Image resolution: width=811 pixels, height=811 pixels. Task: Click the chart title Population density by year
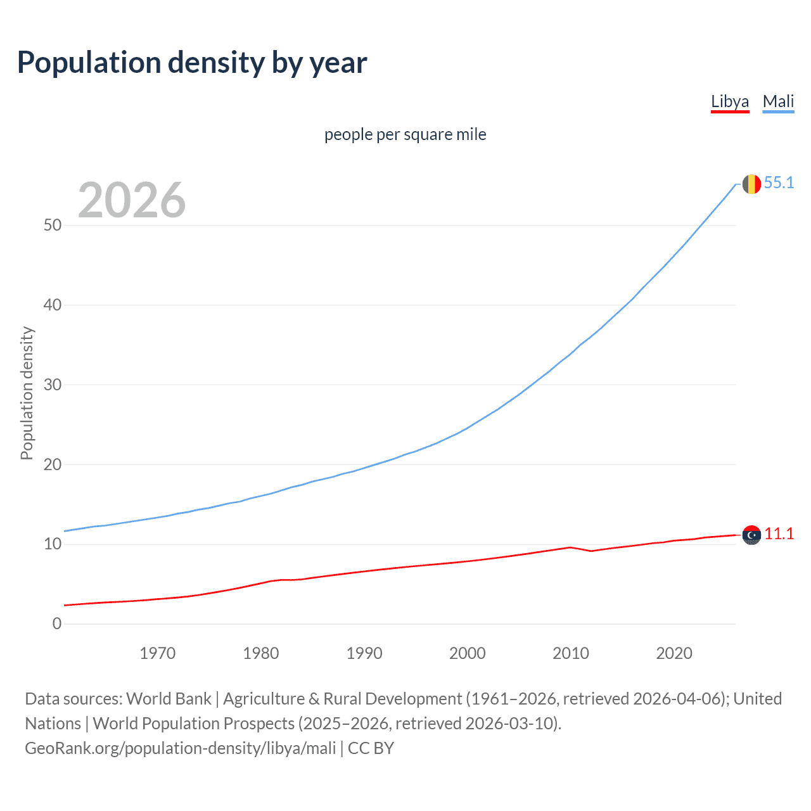point(192,63)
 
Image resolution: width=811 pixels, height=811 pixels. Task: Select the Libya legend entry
point(730,101)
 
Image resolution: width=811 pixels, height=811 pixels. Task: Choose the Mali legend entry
point(778,101)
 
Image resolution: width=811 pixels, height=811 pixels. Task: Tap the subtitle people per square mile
point(405,135)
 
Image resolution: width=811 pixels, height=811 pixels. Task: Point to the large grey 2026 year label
point(132,201)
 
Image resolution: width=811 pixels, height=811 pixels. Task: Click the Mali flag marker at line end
point(751,184)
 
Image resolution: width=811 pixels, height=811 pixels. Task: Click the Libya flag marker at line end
point(751,535)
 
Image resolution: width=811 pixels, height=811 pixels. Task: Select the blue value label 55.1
point(779,183)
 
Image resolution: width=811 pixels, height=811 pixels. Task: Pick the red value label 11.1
point(779,534)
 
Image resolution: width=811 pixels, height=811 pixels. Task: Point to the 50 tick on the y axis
point(53,226)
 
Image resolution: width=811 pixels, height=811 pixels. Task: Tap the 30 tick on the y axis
point(53,385)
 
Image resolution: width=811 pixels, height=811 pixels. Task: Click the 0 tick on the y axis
point(57,624)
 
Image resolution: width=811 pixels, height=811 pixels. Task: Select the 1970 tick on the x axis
point(158,653)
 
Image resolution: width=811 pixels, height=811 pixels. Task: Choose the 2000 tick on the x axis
point(468,653)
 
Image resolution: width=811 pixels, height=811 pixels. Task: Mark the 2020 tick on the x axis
point(674,653)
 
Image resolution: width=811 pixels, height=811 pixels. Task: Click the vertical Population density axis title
point(27,393)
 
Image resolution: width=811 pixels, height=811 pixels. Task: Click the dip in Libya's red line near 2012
point(591,551)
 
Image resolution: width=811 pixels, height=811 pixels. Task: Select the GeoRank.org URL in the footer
point(181,748)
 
